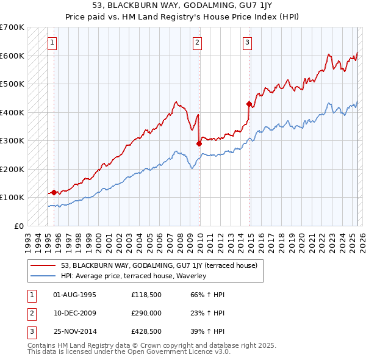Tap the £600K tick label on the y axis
coord(12,56)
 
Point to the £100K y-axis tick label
coord(12,197)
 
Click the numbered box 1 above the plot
coord(52,43)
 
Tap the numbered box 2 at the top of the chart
coord(198,43)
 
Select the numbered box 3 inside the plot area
coord(248,43)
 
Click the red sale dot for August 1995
coord(54,192)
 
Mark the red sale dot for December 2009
coord(199,144)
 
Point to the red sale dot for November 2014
coord(249,104)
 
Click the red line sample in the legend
coord(43,265)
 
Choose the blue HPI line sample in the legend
coord(43,276)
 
